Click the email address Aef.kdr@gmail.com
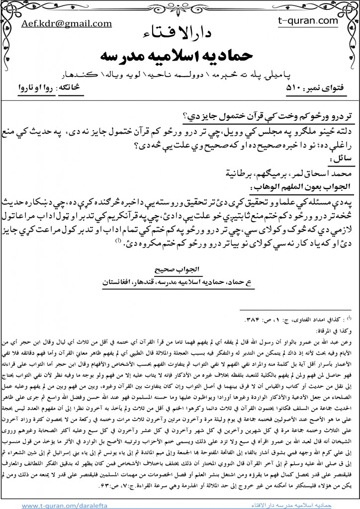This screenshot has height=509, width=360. [66, 23]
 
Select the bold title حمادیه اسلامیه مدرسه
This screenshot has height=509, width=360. [180, 55]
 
